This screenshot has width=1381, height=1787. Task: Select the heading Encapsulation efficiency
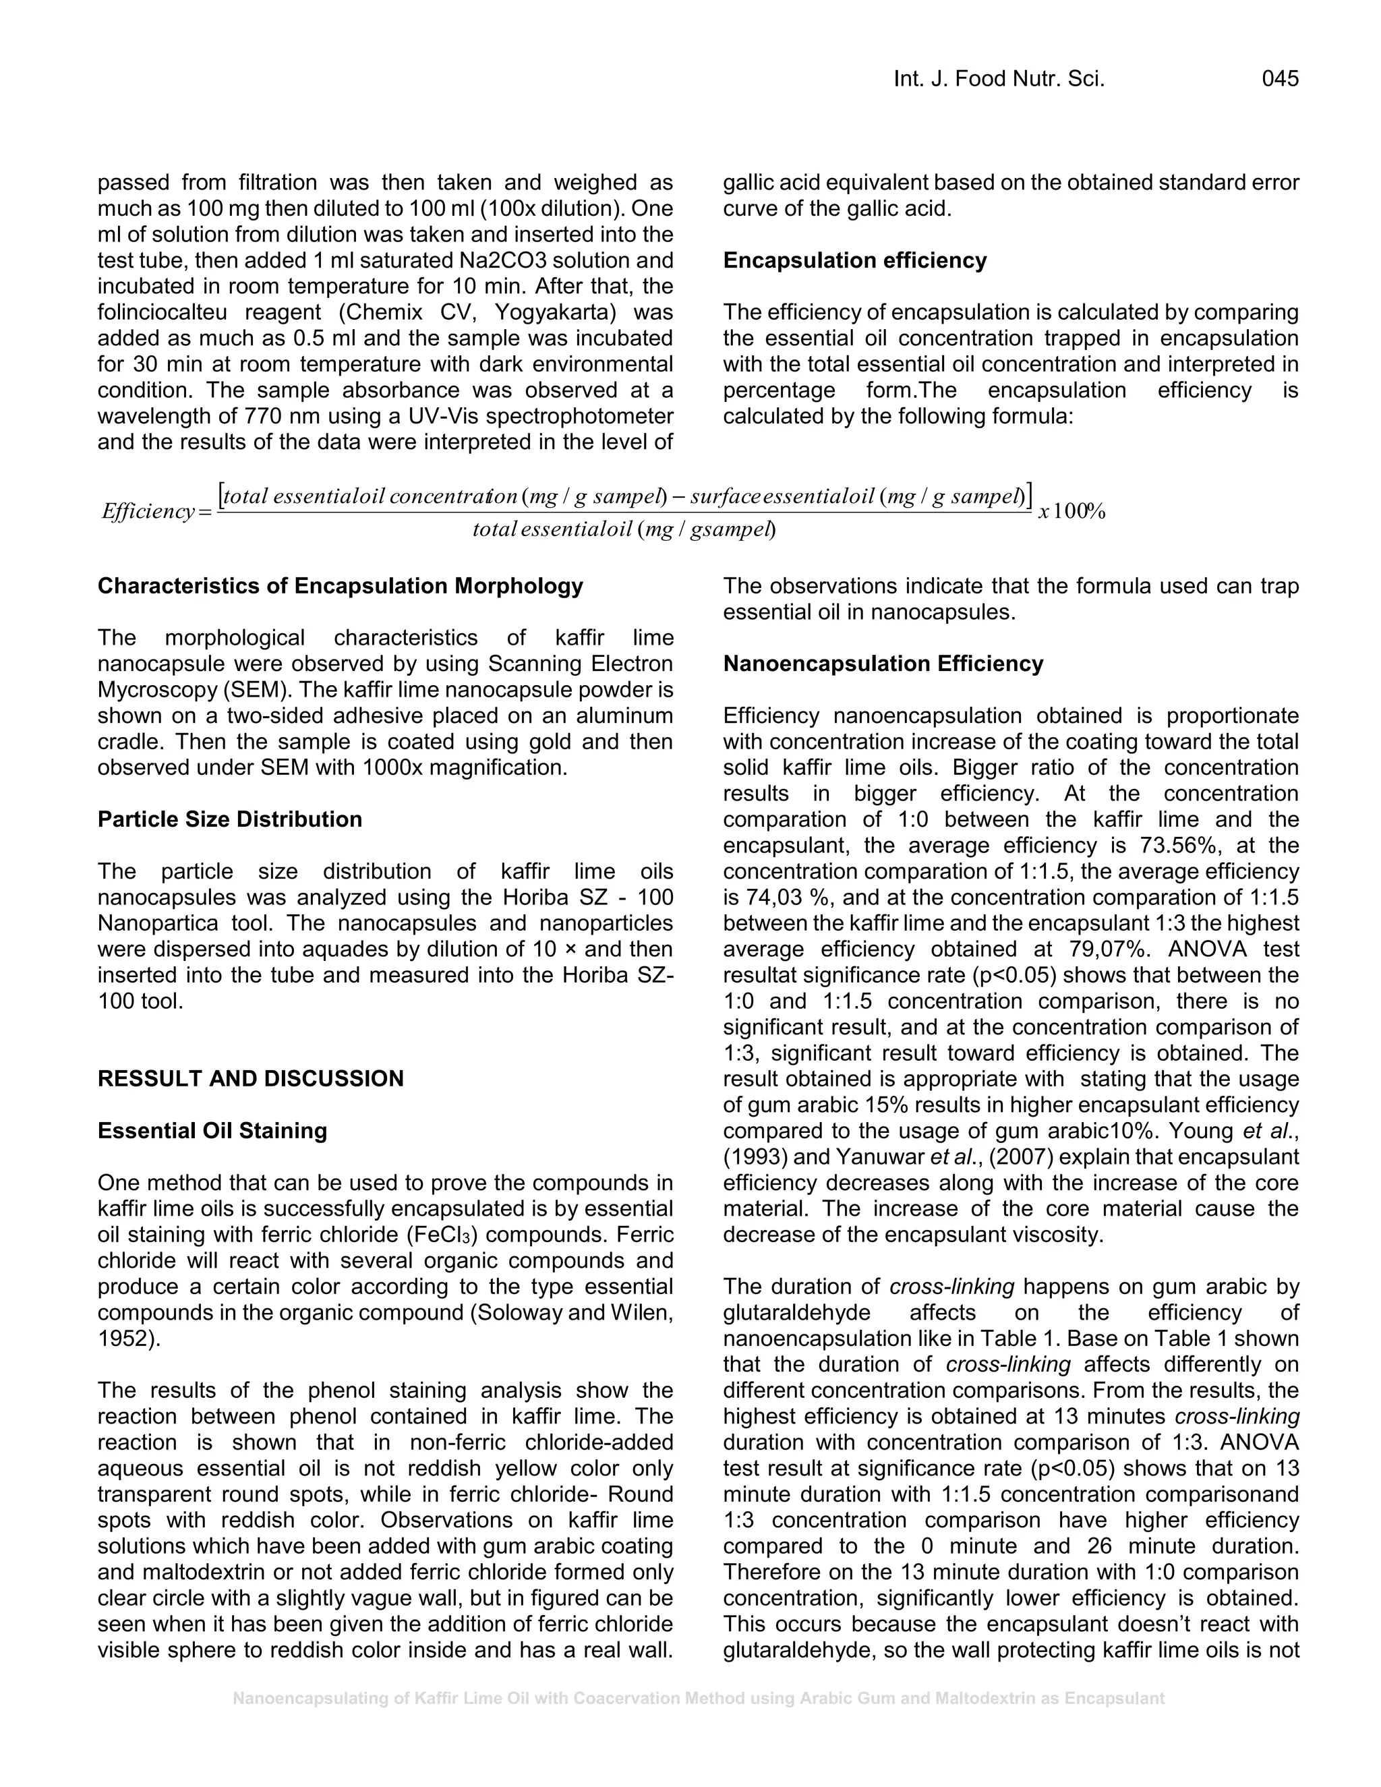click(854, 260)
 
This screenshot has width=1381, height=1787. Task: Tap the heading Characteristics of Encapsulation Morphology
click(341, 586)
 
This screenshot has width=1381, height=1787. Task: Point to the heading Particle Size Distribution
click(229, 819)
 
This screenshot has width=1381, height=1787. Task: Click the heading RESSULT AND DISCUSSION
click(250, 1078)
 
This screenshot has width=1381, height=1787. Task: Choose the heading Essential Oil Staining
click(212, 1131)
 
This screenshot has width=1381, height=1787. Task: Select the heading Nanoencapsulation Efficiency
click(883, 664)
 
